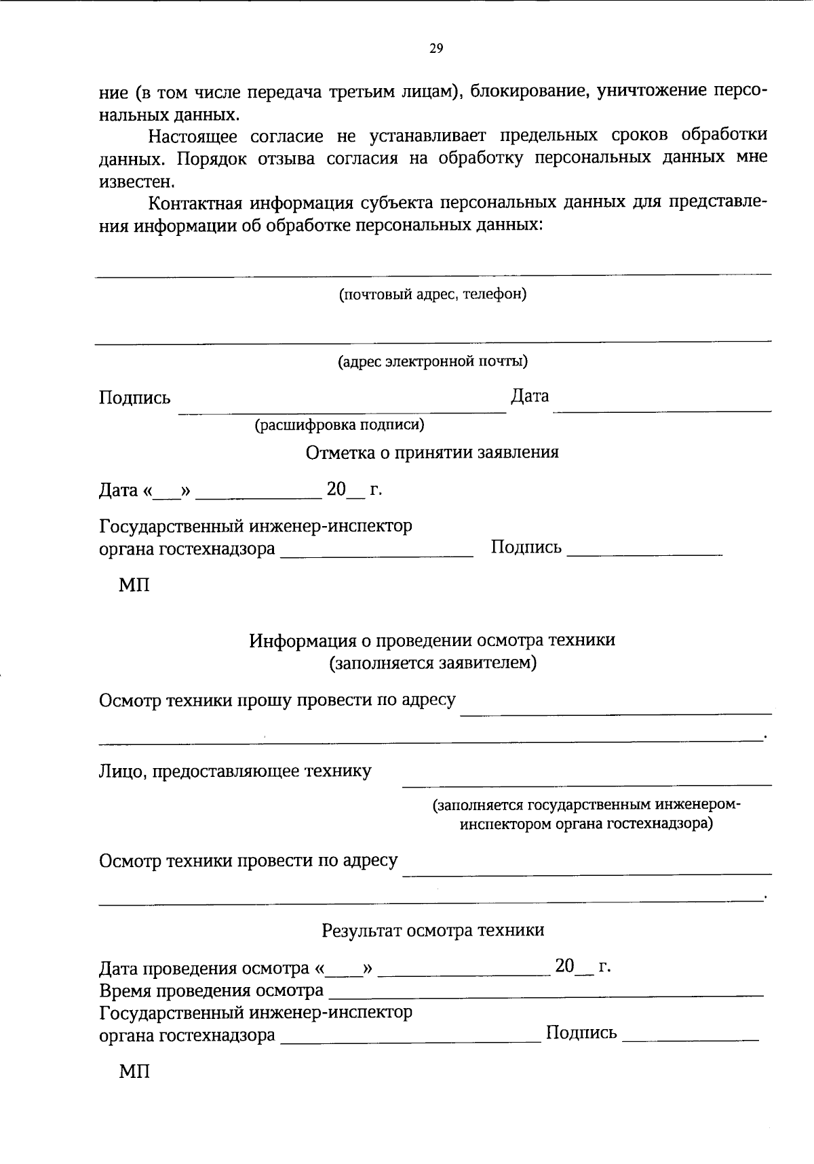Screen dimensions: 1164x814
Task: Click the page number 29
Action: tap(436, 48)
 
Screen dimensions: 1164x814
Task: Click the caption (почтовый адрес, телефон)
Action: tap(433, 294)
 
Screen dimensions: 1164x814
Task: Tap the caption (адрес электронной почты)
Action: tap(433, 361)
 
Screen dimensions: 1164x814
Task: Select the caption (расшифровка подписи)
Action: tap(339, 425)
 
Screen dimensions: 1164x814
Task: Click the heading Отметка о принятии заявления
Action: tap(432, 452)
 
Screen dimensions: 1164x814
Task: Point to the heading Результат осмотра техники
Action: tap(433, 930)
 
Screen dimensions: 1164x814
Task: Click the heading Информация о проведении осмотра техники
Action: tap(432, 640)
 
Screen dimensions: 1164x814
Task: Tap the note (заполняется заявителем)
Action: tap(433, 662)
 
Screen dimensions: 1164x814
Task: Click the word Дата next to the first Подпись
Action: tap(530, 396)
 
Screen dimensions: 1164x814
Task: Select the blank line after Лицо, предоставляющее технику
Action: tap(587, 784)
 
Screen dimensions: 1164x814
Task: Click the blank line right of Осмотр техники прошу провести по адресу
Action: tap(616, 713)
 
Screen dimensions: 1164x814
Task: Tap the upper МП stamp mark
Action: tap(134, 585)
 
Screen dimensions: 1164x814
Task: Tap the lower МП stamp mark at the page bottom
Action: tap(134, 1072)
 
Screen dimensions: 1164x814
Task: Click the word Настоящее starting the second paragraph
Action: tap(193, 136)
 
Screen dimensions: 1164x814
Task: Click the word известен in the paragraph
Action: tap(136, 182)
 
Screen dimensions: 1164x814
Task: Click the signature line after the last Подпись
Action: tap(689, 1039)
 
